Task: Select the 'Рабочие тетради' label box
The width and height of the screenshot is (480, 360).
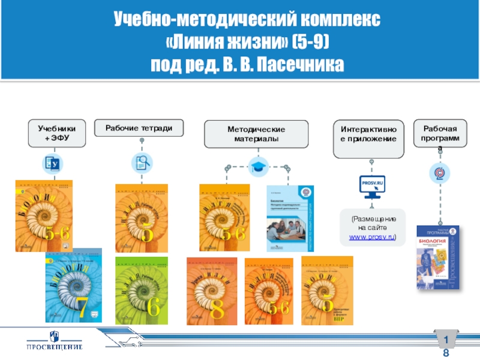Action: click(143, 128)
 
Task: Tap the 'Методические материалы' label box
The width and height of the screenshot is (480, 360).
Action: click(256, 134)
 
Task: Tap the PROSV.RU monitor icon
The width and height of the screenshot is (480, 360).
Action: click(372, 185)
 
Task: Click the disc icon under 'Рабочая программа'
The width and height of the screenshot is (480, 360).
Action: click(440, 173)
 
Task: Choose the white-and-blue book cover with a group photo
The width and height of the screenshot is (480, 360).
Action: click(289, 218)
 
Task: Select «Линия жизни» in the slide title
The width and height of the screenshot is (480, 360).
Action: click(227, 43)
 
